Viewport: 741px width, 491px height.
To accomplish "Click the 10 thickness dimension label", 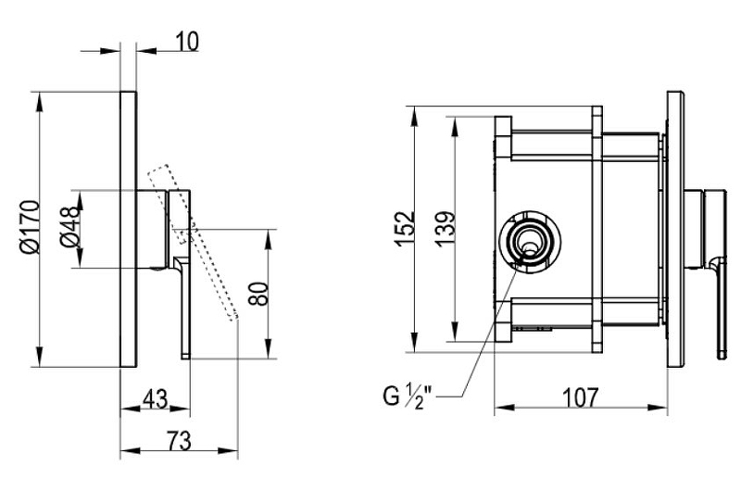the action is tap(188, 41).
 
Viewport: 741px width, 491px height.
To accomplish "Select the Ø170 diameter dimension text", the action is tap(30, 227).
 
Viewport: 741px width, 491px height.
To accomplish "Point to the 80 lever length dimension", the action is tap(258, 294).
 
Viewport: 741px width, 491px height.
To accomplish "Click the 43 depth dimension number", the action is tap(155, 399).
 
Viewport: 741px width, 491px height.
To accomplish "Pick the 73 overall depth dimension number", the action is tap(179, 441).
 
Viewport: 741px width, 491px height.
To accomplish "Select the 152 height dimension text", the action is tap(405, 229).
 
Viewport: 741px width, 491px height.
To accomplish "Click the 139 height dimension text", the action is tap(446, 229).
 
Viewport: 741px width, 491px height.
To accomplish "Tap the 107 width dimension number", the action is tap(581, 398).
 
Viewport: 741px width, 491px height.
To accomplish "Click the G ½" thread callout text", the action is tap(408, 397).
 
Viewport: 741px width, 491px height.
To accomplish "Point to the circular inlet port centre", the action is tap(530, 242).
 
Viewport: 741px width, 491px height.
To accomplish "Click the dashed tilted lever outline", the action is tap(193, 243).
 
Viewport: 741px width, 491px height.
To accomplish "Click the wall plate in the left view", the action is tap(129, 229).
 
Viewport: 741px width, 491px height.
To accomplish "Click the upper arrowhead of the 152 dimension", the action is tap(414, 116).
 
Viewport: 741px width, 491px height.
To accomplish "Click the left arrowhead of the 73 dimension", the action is tap(131, 450).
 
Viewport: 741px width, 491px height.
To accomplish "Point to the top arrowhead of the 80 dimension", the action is tap(269, 240).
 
